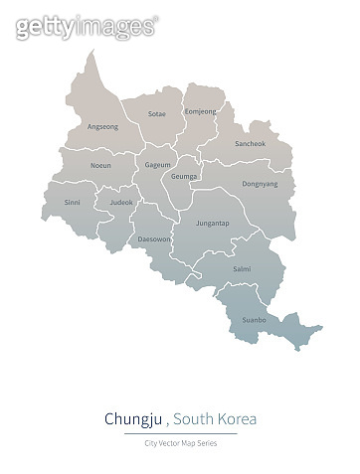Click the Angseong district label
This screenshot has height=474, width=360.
pyautogui.click(x=103, y=126)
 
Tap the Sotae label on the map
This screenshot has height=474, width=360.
pyautogui.click(x=157, y=114)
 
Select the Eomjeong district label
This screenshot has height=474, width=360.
pyautogui.click(x=200, y=111)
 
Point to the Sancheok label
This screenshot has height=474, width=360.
pyautogui.click(x=250, y=144)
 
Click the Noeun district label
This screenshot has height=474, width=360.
pyautogui.click(x=100, y=165)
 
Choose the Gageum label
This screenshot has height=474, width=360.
pyautogui.click(x=157, y=164)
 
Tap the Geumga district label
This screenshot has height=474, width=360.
pyautogui.click(x=185, y=176)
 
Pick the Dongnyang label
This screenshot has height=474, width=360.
pyautogui.click(x=261, y=183)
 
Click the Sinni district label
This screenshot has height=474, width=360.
pyautogui.click(x=73, y=202)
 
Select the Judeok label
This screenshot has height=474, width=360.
pyautogui.click(x=120, y=202)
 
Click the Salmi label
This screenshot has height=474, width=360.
pyautogui.click(x=242, y=269)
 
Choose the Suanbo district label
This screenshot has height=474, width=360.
pyautogui.click(x=254, y=320)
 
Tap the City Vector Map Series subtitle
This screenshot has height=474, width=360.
pyautogui.click(x=180, y=442)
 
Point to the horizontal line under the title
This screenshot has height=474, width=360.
pyautogui.click(x=180, y=433)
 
